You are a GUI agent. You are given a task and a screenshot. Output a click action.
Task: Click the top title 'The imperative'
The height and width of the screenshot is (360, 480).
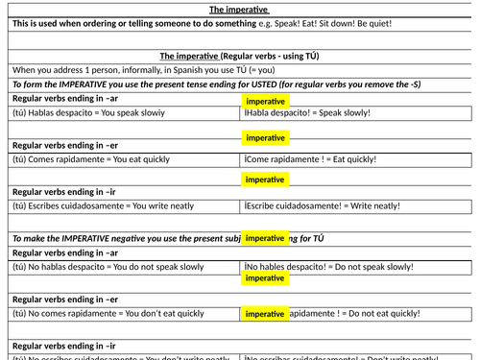238,9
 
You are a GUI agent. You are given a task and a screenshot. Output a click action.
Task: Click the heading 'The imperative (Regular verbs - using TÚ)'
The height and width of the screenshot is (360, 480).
239,56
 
